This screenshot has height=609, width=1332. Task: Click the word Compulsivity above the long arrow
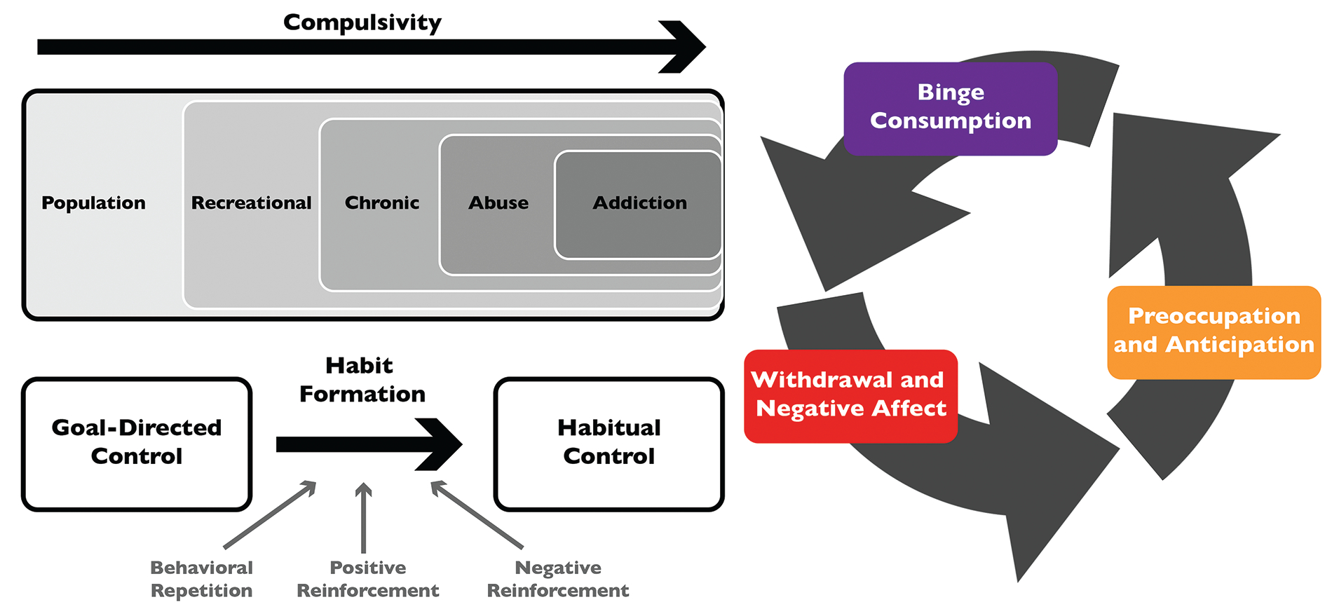362,22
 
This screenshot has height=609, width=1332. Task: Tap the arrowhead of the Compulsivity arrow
684,47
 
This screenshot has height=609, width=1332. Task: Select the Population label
93,203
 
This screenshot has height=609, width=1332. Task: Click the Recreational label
251,203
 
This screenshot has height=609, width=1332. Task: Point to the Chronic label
382,203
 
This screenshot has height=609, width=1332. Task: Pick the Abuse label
498,203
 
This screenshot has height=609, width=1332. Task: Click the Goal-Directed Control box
137,444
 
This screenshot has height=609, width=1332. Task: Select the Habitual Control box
609,444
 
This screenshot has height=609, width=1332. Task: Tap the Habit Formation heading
362,380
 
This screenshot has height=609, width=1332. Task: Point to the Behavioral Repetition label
202,579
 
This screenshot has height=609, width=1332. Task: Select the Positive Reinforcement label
368,579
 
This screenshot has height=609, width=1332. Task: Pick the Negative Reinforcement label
558,579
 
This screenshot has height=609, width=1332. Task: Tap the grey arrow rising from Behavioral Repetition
270,514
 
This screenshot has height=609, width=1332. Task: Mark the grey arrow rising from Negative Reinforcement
477,514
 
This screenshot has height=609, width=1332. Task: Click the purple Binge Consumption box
951,109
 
